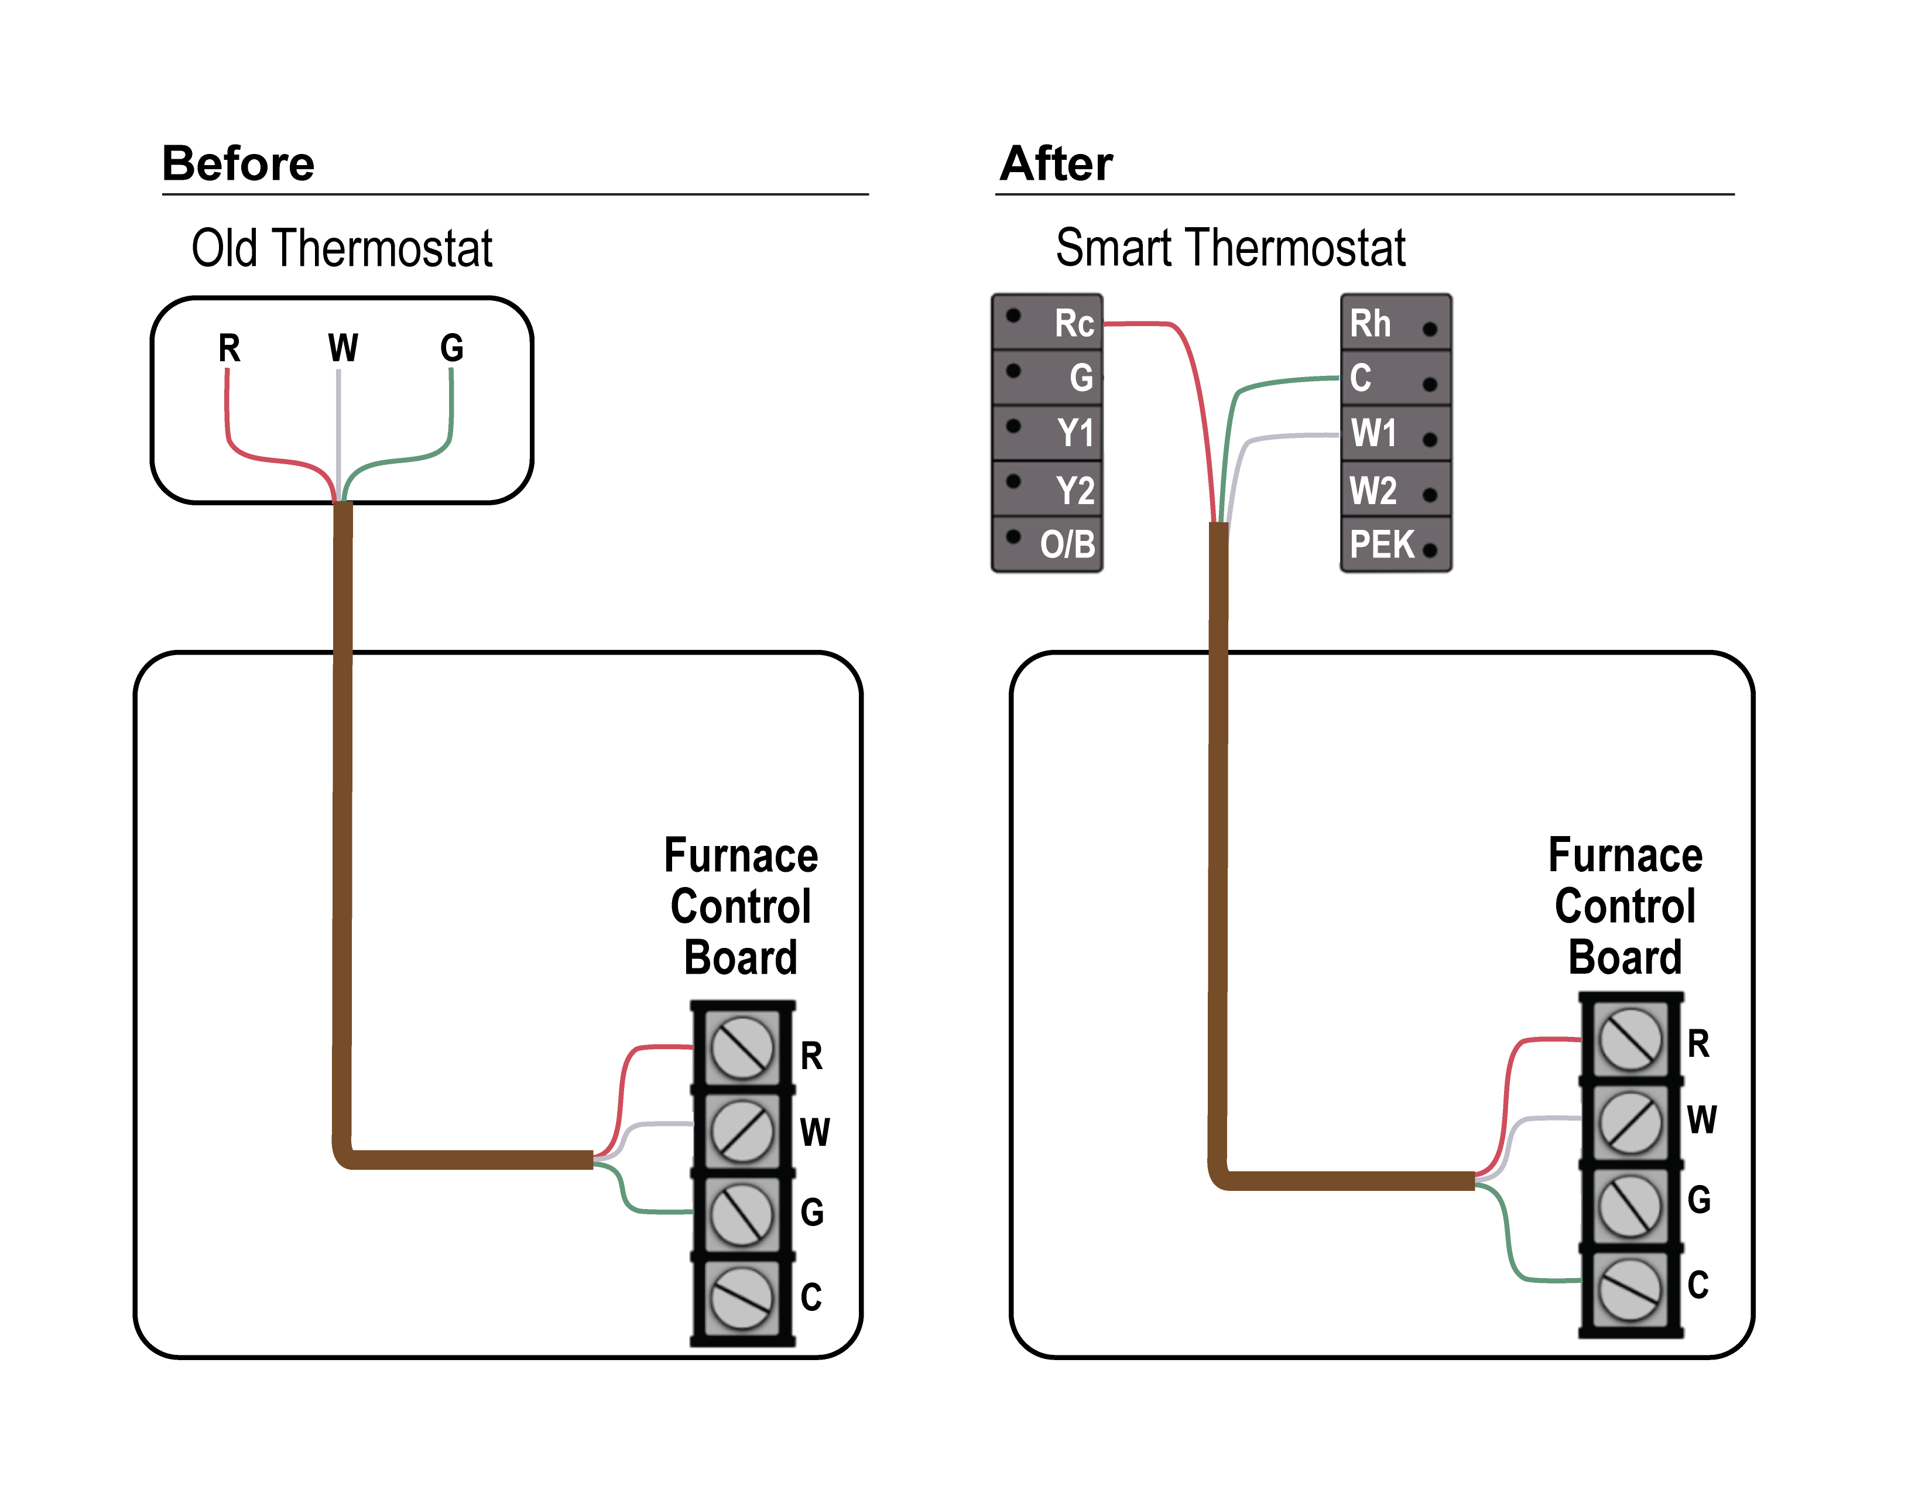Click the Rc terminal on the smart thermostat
(x=1047, y=323)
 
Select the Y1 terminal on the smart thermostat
(x=1047, y=433)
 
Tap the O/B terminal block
(x=1047, y=544)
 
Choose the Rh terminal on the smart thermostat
(x=1396, y=323)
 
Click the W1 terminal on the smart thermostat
(x=1396, y=433)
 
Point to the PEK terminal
(x=1396, y=544)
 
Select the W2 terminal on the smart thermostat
(x=1396, y=489)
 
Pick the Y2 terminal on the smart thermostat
(x=1047, y=489)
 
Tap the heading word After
(x=1056, y=163)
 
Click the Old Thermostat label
(x=341, y=248)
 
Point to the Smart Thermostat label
(x=1231, y=248)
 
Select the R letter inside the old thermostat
(x=229, y=348)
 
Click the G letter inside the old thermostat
(x=451, y=348)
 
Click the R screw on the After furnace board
(x=1630, y=1039)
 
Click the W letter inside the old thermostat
(x=343, y=348)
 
